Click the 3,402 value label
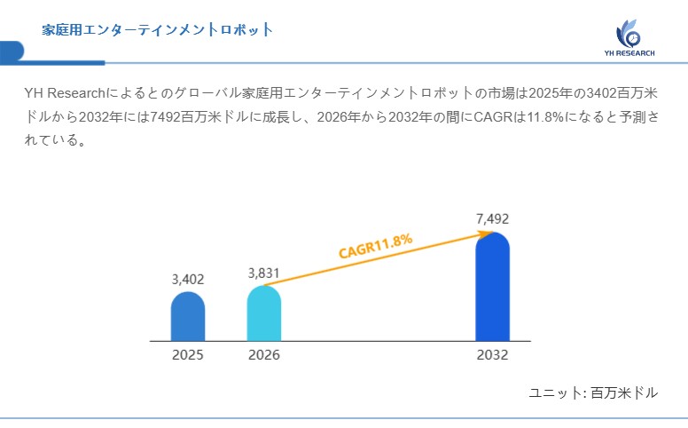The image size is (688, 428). click(188, 279)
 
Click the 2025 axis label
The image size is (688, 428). click(188, 355)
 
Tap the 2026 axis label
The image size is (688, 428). click(264, 355)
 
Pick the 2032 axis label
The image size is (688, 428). click(492, 355)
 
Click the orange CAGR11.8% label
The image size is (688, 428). click(376, 246)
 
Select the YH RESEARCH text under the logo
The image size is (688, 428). click(629, 54)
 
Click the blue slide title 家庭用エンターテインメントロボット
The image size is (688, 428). click(158, 30)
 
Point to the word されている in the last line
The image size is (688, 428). click(55, 140)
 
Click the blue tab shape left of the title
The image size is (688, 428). click(12, 52)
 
